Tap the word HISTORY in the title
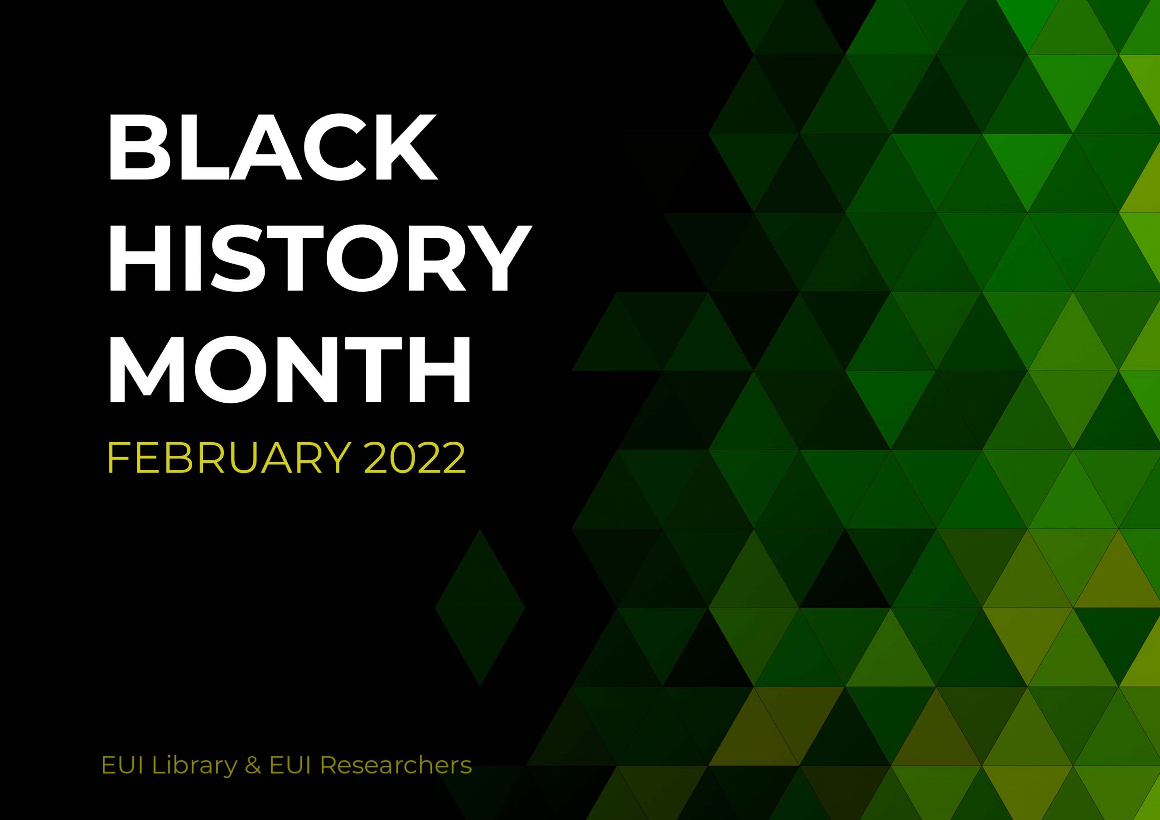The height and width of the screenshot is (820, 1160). click(x=319, y=259)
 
